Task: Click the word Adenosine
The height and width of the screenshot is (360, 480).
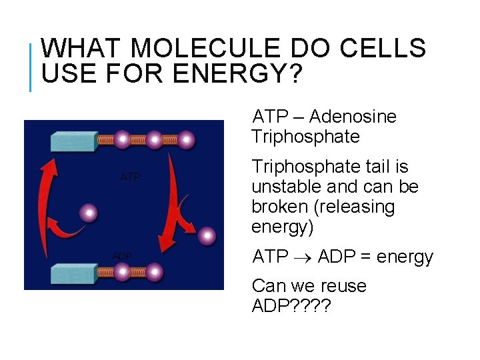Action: (x=353, y=117)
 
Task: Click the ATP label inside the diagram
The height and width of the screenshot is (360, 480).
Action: (x=131, y=177)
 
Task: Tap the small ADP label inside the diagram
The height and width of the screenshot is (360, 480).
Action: (x=122, y=256)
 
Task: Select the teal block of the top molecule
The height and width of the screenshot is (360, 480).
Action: (x=73, y=141)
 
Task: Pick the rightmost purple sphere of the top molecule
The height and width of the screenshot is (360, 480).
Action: (x=186, y=140)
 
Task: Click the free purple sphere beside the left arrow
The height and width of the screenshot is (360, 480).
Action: (x=88, y=213)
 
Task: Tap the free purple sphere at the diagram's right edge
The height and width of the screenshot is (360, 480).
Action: (x=207, y=235)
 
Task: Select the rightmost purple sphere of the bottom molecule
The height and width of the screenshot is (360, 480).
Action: (x=155, y=273)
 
